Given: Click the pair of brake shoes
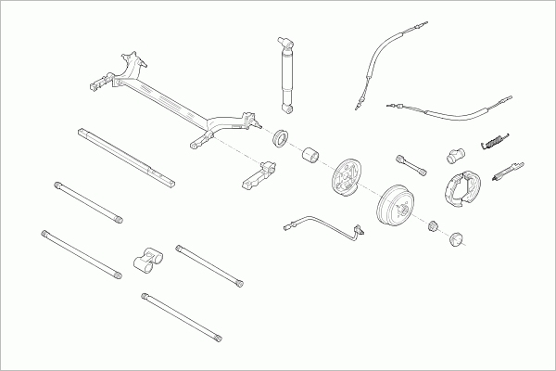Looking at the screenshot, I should pyautogui.click(x=459, y=185).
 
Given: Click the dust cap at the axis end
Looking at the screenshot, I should pyautogui.click(x=455, y=240).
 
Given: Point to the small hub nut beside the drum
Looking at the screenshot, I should pyautogui.click(x=432, y=225).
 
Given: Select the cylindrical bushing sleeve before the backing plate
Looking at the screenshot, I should pyautogui.click(x=312, y=153).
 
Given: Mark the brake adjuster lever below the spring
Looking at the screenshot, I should pyautogui.click(x=508, y=171).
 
